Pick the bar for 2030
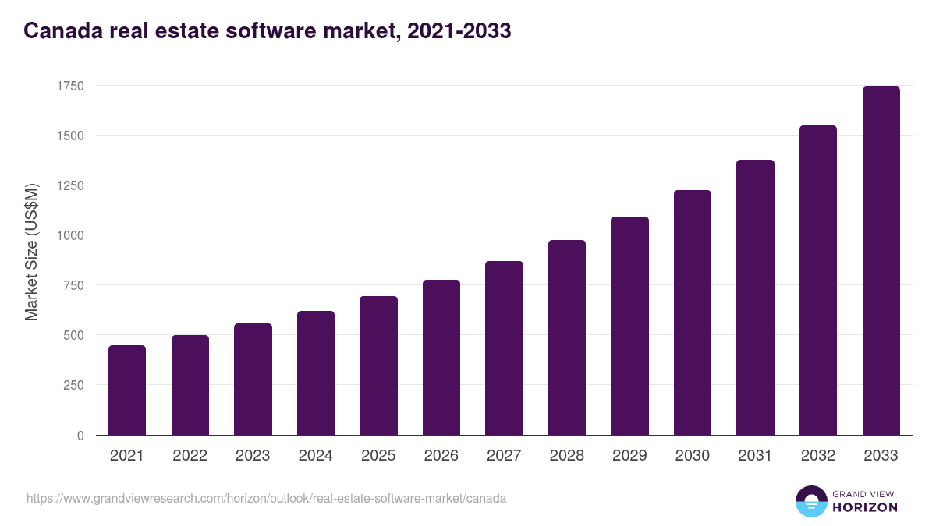pyautogui.click(x=693, y=312)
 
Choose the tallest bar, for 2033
pyautogui.click(x=881, y=260)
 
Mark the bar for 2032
pyautogui.click(x=818, y=280)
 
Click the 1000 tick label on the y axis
pyautogui.click(x=69, y=235)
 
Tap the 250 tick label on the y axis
pyautogui.click(x=72, y=385)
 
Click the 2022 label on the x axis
pyautogui.click(x=190, y=456)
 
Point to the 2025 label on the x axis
pyautogui.click(x=378, y=456)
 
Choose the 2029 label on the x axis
pyautogui.click(x=629, y=456)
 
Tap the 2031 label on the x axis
pyautogui.click(x=755, y=456)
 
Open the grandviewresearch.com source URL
pyautogui.click(x=266, y=498)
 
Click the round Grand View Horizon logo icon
pyautogui.click(x=810, y=501)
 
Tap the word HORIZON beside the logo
pyautogui.click(x=865, y=507)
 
